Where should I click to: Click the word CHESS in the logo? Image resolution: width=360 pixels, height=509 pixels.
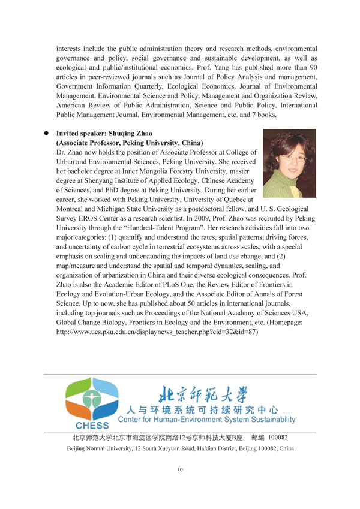(89, 424)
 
